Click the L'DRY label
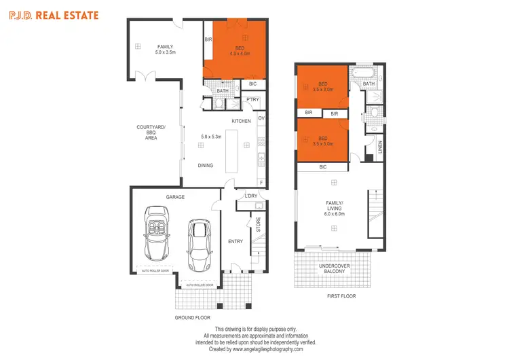coord(250,197)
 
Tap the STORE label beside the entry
coord(258,225)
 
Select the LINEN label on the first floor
coord(380,146)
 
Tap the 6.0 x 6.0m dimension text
coord(335,214)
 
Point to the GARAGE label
coord(176,197)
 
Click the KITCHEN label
coord(242,121)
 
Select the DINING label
coord(206,165)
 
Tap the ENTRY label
coord(235,241)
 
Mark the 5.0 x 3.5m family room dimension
coord(166,52)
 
